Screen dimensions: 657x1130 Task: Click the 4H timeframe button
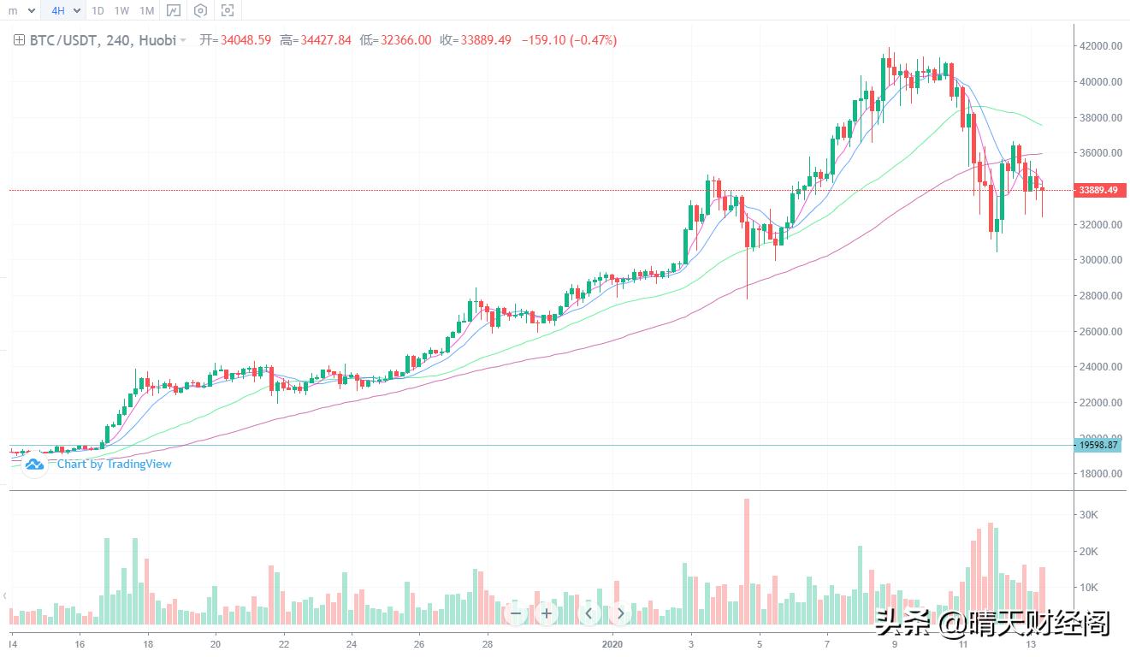pyautogui.click(x=58, y=11)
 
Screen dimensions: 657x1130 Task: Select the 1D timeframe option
pyautogui.click(x=98, y=11)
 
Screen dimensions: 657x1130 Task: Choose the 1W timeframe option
pyautogui.click(x=121, y=11)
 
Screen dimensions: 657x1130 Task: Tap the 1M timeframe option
pyautogui.click(x=146, y=11)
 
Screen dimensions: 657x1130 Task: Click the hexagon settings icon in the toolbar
pyautogui.click(x=200, y=11)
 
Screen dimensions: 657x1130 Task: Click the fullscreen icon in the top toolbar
pyautogui.click(x=228, y=11)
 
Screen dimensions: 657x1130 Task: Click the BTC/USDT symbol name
pyautogui.click(x=62, y=40)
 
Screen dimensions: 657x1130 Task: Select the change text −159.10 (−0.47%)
pyautogui.click(x=566, y=40)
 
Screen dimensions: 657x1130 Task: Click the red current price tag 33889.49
pyautogui.click(x=1098, y=190)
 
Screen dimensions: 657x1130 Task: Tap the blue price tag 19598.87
pyautogui.click(x=1098, y=445)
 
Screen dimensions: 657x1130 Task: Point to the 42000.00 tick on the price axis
pyautogui.click(x=1100, y=46)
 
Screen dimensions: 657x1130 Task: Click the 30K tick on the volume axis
pyautogui.click(x=1089, y=515)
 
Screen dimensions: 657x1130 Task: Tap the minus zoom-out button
pyautogui.click(x=515, y=613)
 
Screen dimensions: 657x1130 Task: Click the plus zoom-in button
pyautogui.click(x=547, y=613)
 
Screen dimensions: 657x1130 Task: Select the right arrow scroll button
pyautogui.click(x=620, y=613)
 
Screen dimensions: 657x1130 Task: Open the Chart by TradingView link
pyautogui.click(x=114, y=464)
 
